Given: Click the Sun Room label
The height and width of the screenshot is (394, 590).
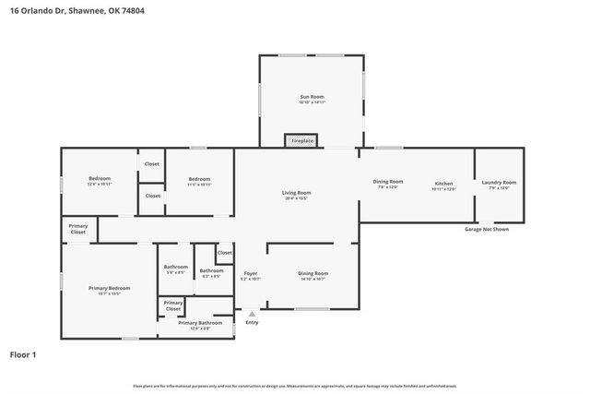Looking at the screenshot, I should [312, 97].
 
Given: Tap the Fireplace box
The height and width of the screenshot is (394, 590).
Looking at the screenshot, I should [300, 140].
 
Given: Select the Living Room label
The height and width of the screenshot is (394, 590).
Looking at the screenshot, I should [296, 192].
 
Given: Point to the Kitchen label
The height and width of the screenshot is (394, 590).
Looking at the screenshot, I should [443, 184].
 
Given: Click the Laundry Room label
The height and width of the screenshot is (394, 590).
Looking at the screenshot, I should [499, 183].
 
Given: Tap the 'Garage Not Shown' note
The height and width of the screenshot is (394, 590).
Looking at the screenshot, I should [486, 229].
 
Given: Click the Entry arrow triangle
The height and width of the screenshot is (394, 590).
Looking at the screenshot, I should [251, 315].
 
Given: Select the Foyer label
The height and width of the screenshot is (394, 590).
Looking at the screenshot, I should [250, 273].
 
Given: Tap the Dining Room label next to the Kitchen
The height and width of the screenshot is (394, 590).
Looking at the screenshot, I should [388, 182].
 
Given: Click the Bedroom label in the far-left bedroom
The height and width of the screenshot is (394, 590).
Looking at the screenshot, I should [100, 178].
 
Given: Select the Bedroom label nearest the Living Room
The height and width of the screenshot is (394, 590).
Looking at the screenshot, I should [200, 179].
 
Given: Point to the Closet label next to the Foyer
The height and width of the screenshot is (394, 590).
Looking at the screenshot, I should [224, 252].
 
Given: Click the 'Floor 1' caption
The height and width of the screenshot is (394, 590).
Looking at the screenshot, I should [23, 353].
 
